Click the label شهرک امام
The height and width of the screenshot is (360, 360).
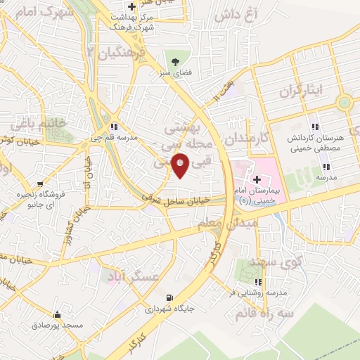click(30, 12)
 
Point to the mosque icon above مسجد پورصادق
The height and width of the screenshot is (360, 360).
click(57, 315)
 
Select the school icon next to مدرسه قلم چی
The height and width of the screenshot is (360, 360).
click(114, 127)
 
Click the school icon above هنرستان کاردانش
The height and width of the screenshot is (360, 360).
click(314, 127)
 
